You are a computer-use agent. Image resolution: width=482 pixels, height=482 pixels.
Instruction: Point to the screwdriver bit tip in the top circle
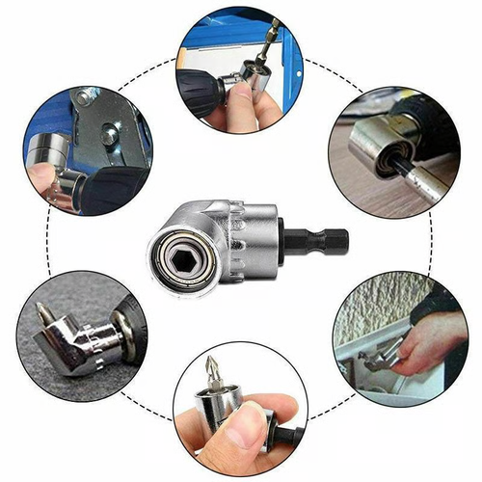(x=276, y=29)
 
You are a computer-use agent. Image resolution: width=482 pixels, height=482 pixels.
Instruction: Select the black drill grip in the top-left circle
(x=111, y=188)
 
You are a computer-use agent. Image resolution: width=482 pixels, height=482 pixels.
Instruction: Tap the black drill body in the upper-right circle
(x=424, y=116)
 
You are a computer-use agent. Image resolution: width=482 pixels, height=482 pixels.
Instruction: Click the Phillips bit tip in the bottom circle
(x=213, y=366)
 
